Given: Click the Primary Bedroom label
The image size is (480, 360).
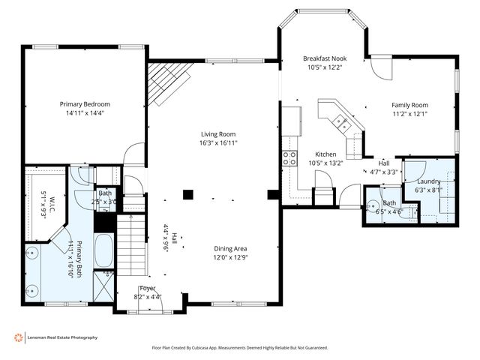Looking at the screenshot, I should click(x=85, y=104).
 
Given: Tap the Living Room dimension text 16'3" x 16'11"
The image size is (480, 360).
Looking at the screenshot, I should click(x=218, y=142).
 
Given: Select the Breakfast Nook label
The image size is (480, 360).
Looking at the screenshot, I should click(x=324, y=58).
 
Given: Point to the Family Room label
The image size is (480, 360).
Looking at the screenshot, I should click(x=409, y=105).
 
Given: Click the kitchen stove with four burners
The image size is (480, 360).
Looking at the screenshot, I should click(x=289, y=157).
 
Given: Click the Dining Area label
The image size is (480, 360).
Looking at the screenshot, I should click(x=229, y=249).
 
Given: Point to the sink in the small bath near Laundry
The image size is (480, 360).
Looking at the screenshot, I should click(x=373, y=203).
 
